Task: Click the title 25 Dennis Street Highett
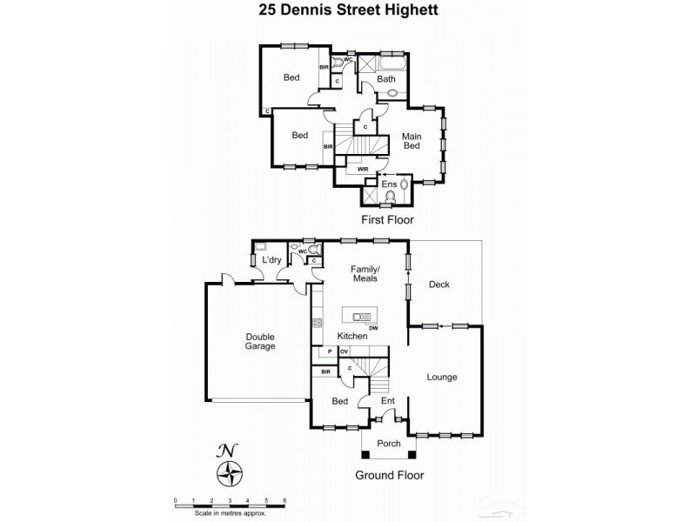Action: pyautogui.click(x=347, y=11)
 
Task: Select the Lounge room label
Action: pyautogui.click(x=442, y=377)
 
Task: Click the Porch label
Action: pyautogui.click(x=389, y=444)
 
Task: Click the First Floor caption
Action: pyautogui.click(x=389, y=222)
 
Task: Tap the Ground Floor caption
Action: pyautogui.click(x=390, y=475)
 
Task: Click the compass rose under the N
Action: pyautogui.click(x=229, y=475)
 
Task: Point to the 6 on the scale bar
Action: pyautogui.click(x=285, y=500)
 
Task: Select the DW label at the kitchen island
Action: pyautogui.click(x=372, y=328)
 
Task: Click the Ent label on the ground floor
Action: pyautogui.click(x=387, y=401)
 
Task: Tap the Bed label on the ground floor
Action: pyautogui.click(x=341, y=401)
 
